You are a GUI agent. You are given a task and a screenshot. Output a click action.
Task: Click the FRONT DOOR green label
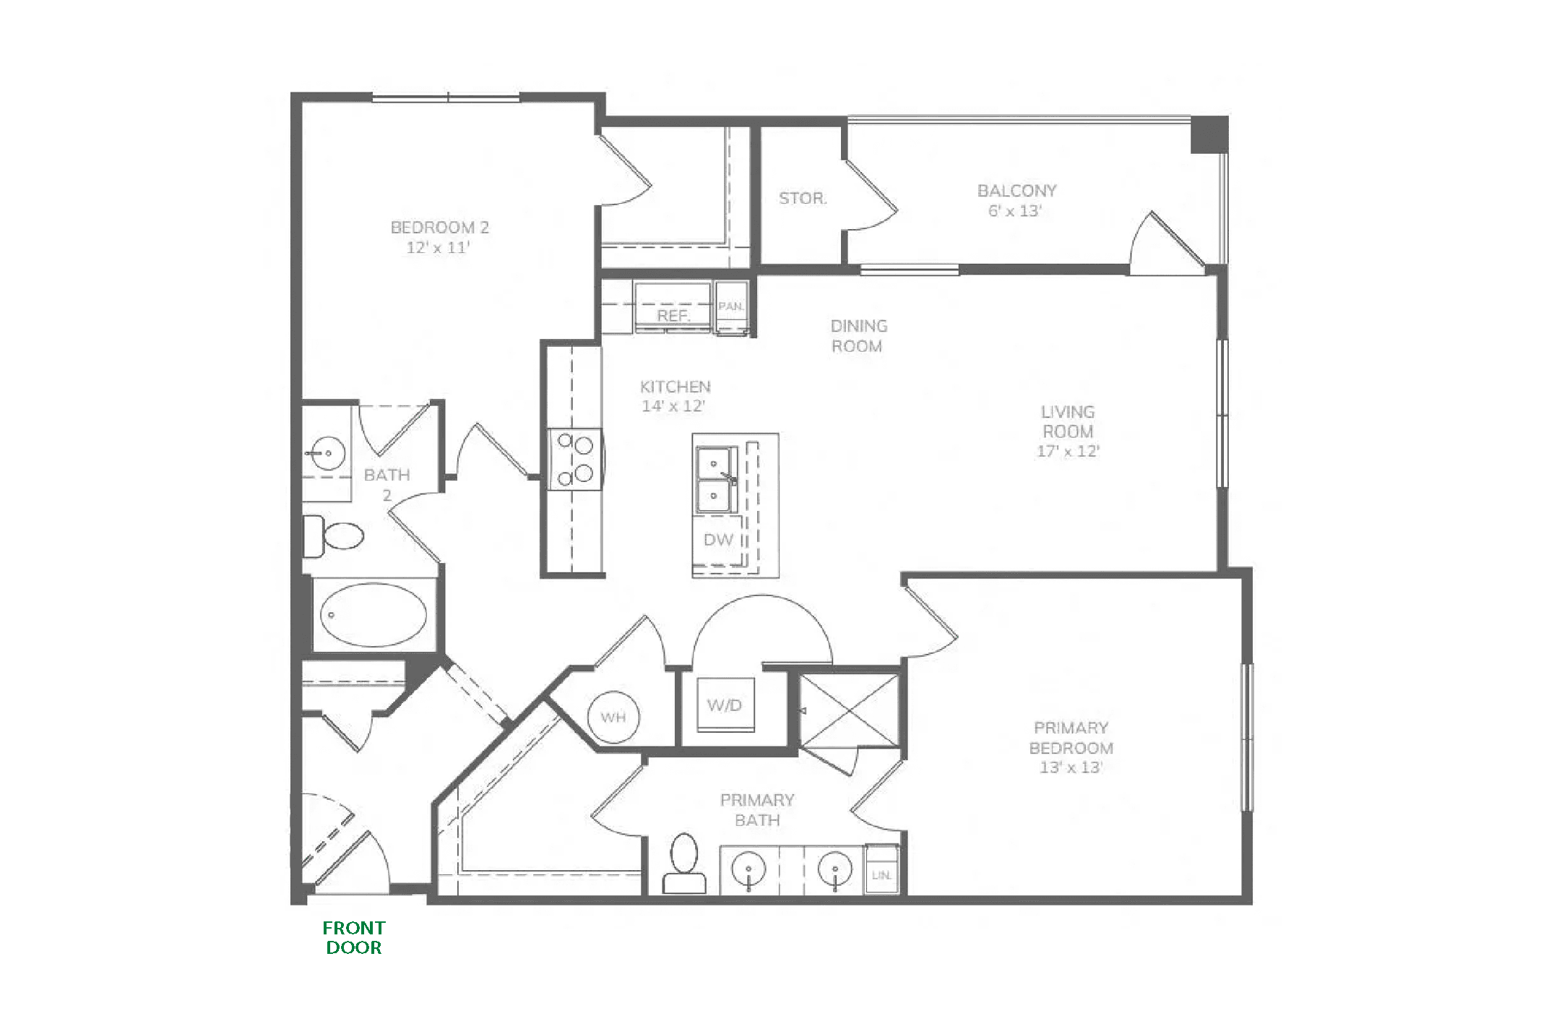[x=354, y=937]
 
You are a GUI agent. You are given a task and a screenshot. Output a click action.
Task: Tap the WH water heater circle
[x=613, y=717]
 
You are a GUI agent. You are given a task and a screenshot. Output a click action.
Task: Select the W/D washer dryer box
[x=725, y=705]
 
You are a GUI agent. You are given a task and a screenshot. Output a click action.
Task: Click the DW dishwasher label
[x=718, y=540]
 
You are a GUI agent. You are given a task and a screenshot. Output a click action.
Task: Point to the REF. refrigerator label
[x=673, y=316]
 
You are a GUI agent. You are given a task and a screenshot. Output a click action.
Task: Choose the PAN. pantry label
[x=731, y=306]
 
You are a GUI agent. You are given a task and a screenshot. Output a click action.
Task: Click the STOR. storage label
[x=803, y=198]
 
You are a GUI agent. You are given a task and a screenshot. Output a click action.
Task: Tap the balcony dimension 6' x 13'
[x=1015, y=211]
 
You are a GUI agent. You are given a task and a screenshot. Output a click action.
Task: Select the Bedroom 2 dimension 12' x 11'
[x=438, y=247]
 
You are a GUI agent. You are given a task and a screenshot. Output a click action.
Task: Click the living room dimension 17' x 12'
[x=1068, y=451]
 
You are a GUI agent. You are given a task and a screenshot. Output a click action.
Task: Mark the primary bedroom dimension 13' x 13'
[x=1071, y=767]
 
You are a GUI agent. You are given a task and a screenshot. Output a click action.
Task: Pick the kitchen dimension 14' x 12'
[x=673, y=406]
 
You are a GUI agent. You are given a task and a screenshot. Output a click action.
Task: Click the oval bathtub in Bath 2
[x=374, y=614]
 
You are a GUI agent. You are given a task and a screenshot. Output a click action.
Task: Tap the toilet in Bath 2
[x=333, y=536]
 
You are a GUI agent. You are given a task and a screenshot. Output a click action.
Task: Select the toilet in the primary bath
[x=684, y=864]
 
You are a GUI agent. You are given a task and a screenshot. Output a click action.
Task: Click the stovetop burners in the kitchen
[x=575, y=458]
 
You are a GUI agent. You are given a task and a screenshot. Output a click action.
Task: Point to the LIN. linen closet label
[x=881, y=875]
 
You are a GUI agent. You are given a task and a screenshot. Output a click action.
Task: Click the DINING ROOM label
[x=858, y=336]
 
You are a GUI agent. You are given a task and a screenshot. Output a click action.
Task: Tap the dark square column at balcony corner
[x=1209, y=134]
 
